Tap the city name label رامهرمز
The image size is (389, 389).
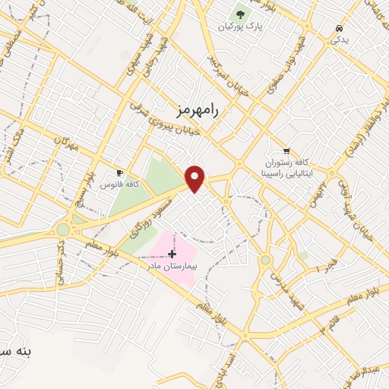[196, 110]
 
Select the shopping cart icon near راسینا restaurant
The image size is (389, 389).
[286, 150]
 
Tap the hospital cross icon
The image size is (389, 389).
[172, 253]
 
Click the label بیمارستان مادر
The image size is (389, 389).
[172, 266]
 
